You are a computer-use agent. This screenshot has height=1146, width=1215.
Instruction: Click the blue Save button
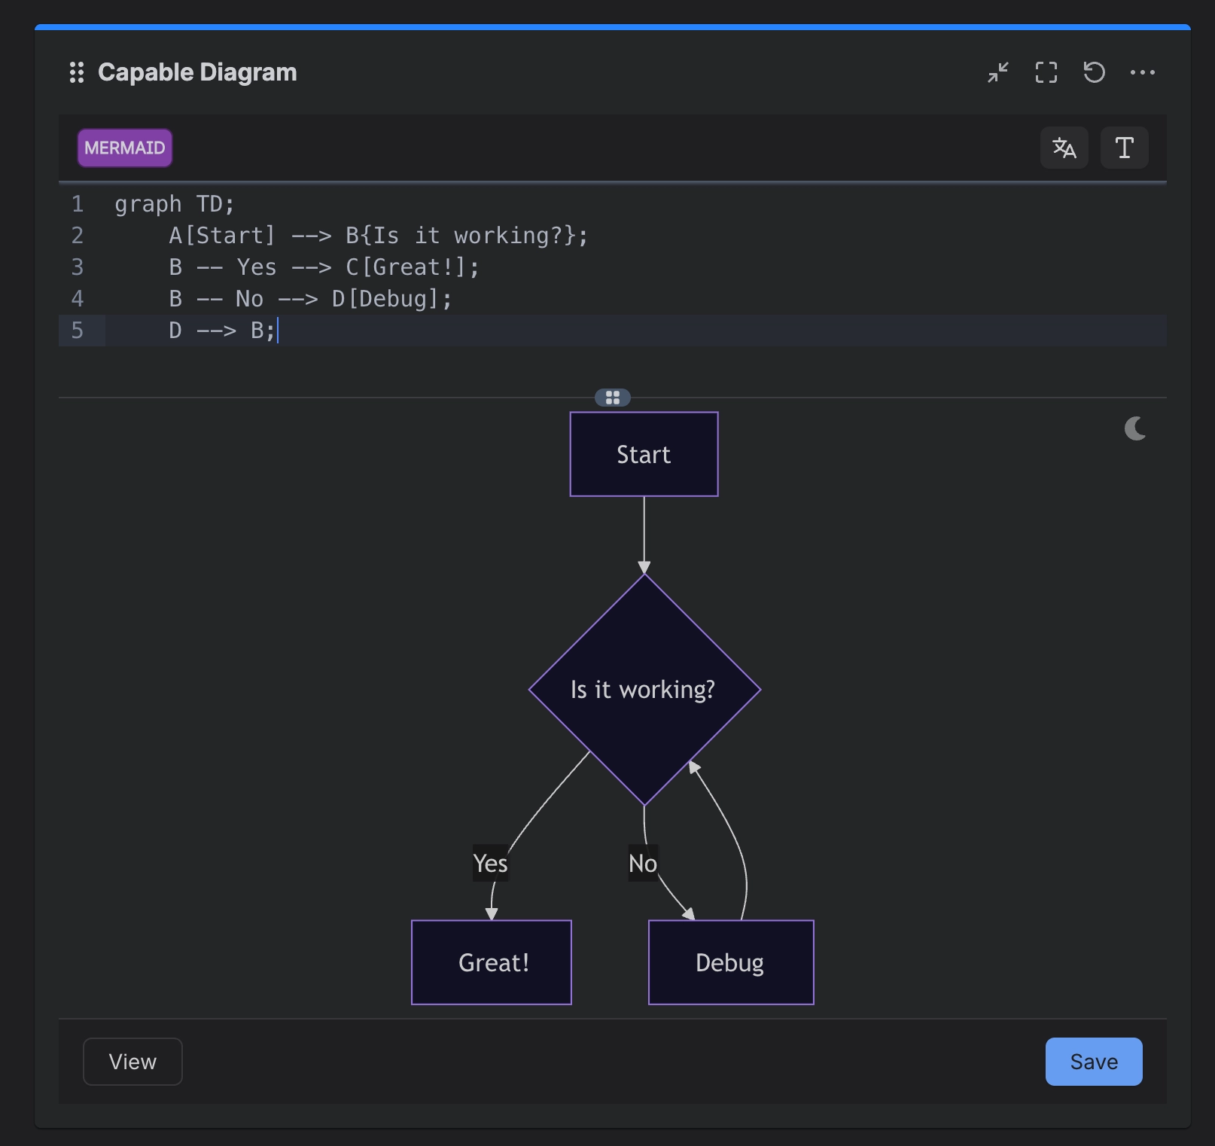[1093, 1062]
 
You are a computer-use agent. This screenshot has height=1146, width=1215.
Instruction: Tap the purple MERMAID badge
[125, 148]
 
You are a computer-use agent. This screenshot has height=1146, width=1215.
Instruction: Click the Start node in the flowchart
[644, 454]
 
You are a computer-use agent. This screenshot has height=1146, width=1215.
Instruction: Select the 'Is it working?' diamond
[644, 689]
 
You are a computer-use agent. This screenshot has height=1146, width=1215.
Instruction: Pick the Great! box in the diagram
[492, 962]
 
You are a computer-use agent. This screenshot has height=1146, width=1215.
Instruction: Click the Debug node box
[731, 962]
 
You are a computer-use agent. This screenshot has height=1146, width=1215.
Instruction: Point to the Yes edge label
[490, 863]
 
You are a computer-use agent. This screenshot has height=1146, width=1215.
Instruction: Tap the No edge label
[643, 863]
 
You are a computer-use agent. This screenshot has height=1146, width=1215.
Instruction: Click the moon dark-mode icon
[1135, 428]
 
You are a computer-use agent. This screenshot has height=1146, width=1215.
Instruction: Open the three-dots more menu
[1143, 72]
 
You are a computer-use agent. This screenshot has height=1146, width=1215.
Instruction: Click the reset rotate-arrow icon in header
[1094, 72]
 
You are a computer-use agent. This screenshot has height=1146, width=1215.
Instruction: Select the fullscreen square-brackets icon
[1046, 72]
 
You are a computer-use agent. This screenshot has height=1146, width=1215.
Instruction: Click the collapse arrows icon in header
[998, 72]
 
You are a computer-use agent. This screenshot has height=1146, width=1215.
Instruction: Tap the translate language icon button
[1064, 148]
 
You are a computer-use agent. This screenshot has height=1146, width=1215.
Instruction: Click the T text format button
[1125, 148]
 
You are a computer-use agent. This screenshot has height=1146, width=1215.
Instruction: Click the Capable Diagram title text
[197, 72]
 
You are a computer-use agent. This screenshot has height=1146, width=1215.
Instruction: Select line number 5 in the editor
[78, 330]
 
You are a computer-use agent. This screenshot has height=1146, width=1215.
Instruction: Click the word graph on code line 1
[148, 204]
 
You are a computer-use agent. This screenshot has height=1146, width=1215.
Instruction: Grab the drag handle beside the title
[77, 72]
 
